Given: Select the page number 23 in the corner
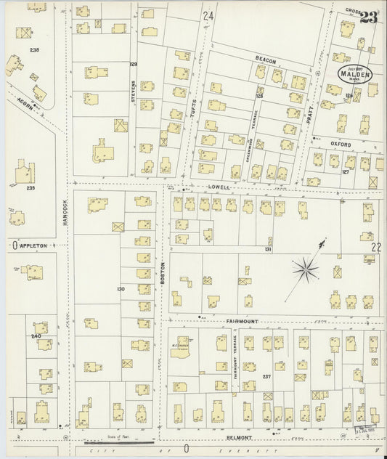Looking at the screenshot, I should (369, 18).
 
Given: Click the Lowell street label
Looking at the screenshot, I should (220, 187).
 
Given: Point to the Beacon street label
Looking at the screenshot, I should (265, 60).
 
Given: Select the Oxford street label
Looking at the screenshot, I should (342, 144).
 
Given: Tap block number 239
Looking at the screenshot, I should (30, 188).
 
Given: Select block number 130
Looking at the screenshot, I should (121, 289).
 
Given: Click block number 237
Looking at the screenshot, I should (266, 375).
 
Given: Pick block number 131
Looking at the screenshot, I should (268, 249).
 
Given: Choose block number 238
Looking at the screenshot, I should (33, 50).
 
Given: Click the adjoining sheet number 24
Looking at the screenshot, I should (209, 15).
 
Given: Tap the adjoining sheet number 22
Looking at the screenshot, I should (375, 247).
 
